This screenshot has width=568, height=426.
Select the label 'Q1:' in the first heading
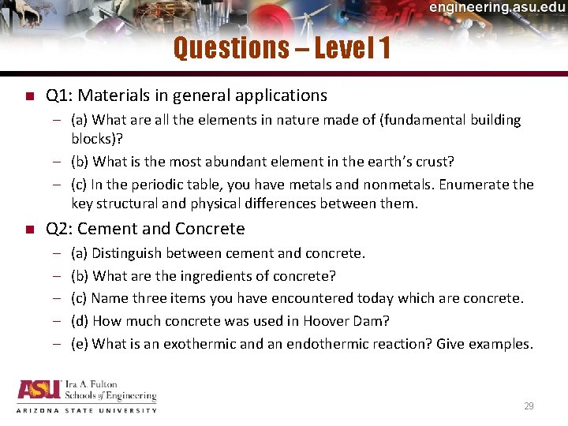coord(60,96)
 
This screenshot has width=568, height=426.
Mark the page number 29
coord(529,406)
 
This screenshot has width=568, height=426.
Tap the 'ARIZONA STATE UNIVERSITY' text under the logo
coord(87,410)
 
